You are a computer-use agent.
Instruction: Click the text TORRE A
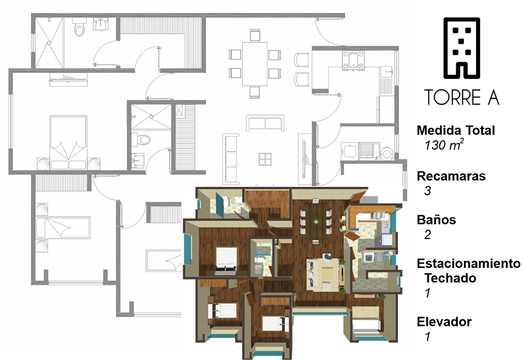(x=462, y=97)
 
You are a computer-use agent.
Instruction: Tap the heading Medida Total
(x=456, y=130)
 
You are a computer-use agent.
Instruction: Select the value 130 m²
(x=444, y=145)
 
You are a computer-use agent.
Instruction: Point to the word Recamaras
(x=451, y=176)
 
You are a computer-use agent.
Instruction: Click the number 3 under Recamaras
(x=428, y=190)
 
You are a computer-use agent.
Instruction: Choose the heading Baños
(x=436, y=220)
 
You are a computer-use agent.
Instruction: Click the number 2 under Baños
(x=428, y=234)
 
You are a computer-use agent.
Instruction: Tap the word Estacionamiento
(x=469, y=264)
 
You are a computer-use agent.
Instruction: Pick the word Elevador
(x=444, y=322)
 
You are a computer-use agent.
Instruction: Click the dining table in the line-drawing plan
(x=255, y=64)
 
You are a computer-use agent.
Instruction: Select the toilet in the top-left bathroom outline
(x=79, y=27)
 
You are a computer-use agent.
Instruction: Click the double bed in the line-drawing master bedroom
(x=69, y=142)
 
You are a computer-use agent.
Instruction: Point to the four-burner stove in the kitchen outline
(x=353, y=60)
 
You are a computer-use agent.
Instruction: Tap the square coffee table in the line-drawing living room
(x=265, y=159)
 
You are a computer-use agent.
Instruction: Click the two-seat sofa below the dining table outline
(x=265, y=123)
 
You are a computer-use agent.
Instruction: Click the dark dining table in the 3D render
(x=315, y=221)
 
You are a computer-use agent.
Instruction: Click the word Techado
(x=450, y=278)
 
